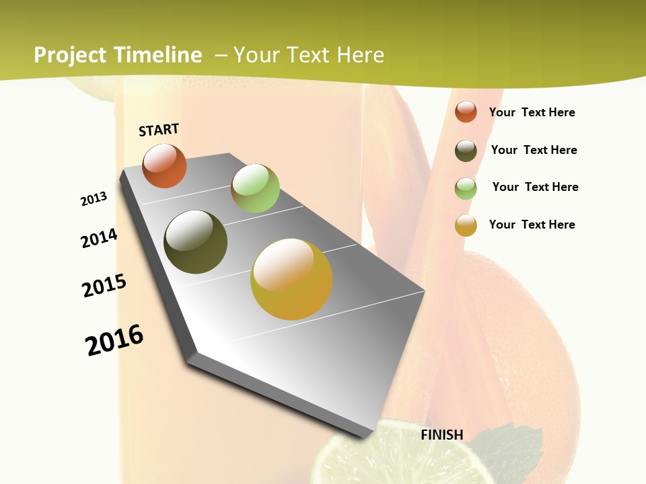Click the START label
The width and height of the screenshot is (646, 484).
pos(159,130)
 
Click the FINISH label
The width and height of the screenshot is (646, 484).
pos(442,435)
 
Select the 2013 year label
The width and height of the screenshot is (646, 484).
pos(94,199)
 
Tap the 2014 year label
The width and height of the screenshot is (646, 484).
pos(99,238)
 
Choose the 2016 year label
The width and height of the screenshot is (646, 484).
pos(114,340)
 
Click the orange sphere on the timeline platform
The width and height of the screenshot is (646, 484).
pos(164,165)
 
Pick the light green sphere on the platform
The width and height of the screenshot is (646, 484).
pos(255,188)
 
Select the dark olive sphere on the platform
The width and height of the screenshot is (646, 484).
pos(195,242)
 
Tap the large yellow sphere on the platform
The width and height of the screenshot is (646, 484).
pos(291,279)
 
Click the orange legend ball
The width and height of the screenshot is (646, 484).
pos(466,112)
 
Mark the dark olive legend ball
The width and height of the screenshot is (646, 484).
pos(466,151)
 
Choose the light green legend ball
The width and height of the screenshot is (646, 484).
pos(466,188)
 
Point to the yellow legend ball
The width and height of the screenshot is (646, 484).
pos(466,225)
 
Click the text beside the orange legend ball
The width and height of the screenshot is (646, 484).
pos(532,112)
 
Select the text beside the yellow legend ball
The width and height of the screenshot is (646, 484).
pos(532,225)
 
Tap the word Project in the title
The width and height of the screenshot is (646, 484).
pos(71,55)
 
